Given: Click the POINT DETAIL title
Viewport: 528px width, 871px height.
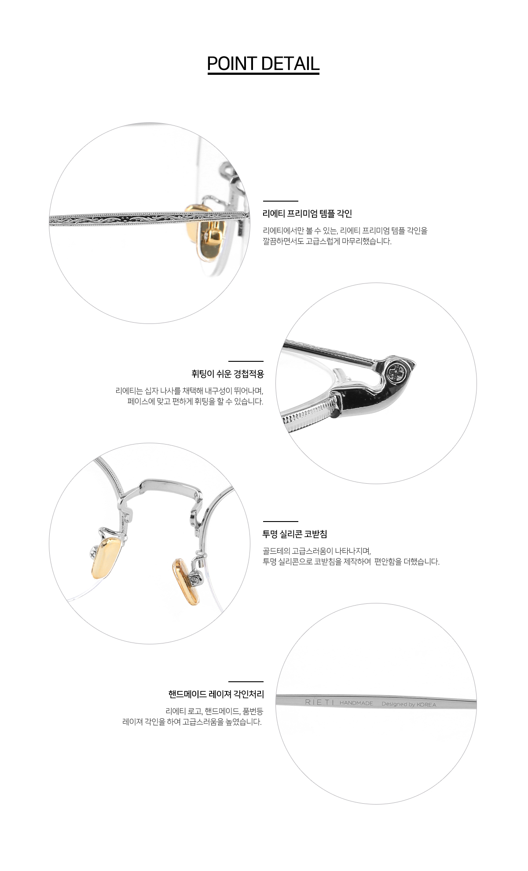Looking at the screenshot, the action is pos(263,64).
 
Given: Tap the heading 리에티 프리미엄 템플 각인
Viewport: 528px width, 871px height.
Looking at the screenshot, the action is pos(307,214).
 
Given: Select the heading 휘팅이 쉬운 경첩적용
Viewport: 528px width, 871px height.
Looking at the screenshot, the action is pos(227,375).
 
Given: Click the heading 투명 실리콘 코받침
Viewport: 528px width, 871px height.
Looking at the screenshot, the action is pos(295,534).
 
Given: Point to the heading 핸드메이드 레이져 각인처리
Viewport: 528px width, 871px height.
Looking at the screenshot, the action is pos(216,695).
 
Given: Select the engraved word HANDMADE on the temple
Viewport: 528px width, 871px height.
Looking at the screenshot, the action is pos(356,703).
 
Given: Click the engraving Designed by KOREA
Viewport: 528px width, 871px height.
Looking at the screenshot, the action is pos(409,704).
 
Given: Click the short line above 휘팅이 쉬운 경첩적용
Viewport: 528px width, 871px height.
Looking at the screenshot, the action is pos(246,361).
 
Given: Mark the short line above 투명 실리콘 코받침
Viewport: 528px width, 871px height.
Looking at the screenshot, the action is pos(280,521).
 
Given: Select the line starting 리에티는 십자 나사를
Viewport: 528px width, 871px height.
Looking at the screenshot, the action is pos(189,390).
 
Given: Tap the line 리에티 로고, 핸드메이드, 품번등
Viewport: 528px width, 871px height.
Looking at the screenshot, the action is pos(214,711).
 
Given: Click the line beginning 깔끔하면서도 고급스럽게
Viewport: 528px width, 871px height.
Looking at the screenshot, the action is pos(327,241).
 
